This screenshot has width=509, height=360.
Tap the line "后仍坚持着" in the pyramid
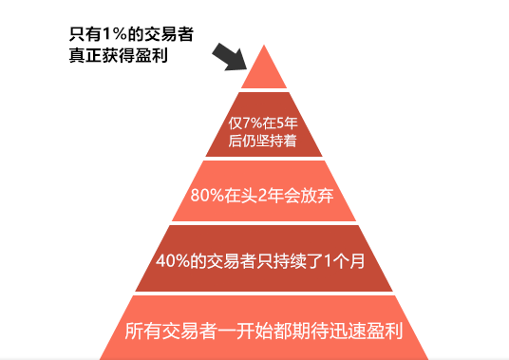[x=263, y=142]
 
